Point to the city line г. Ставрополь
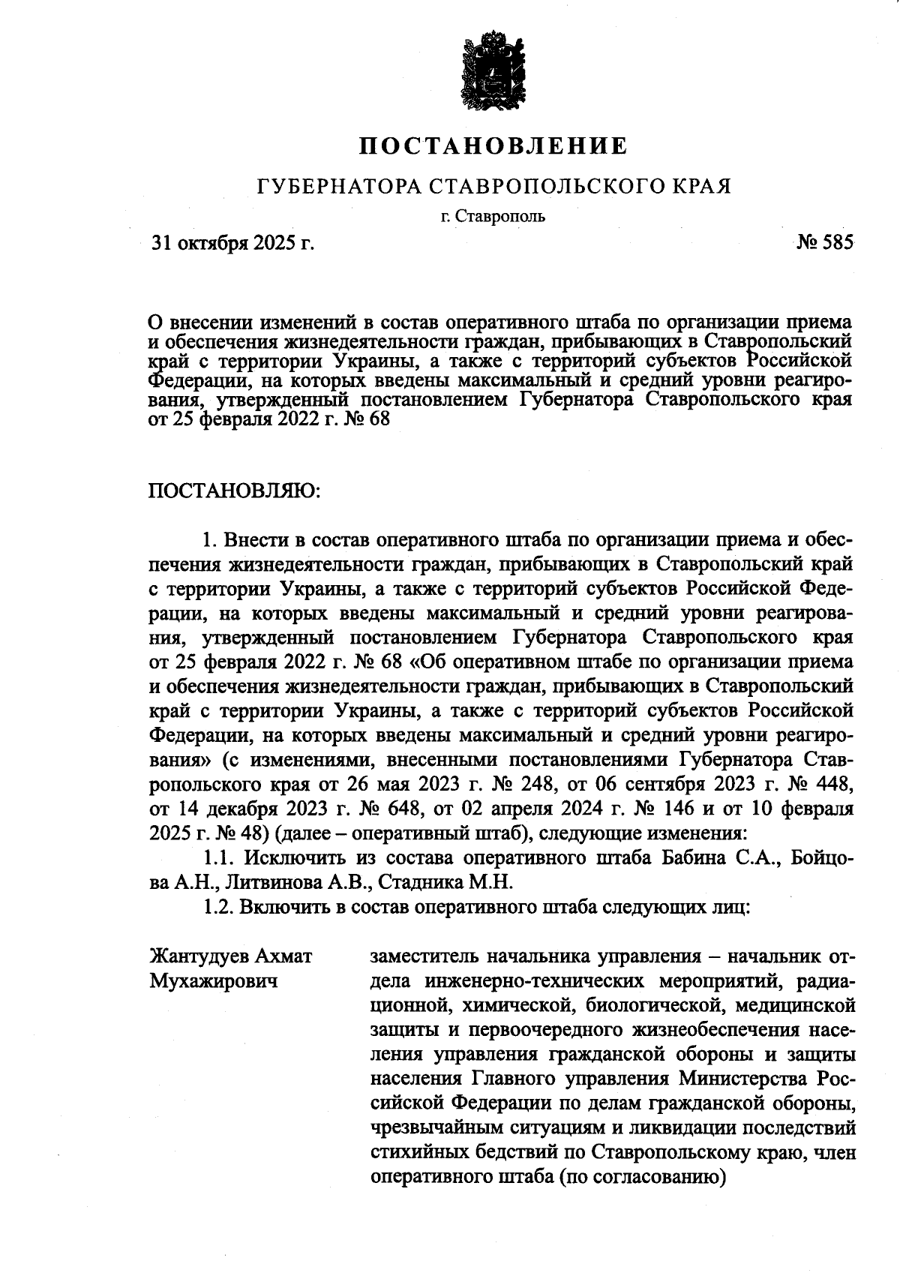493,218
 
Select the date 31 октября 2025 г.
233,243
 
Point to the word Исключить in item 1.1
296,858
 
